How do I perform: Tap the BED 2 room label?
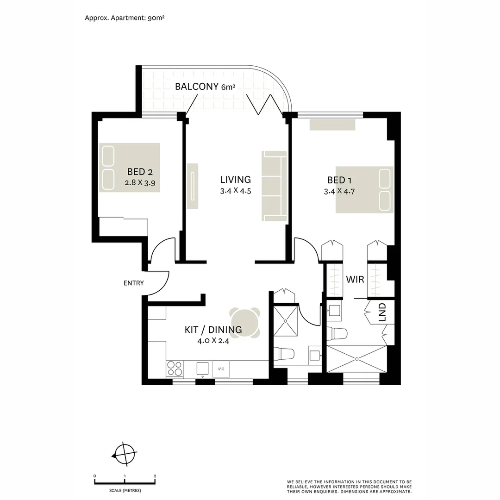[x=140, y=172]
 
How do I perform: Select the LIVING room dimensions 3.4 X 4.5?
[x=235, y=191]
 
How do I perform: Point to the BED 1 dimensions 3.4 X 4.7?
[x=342, y=191]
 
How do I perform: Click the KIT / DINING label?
[x=213, y=330]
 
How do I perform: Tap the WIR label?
[x=355, y=280]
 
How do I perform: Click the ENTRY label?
[x=133, y=283]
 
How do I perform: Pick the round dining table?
[x=245, y=324]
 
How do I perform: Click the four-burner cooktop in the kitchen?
[x=175, y=369]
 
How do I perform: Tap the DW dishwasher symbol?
[x=221, y=369]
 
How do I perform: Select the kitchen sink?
[x=203, y=369]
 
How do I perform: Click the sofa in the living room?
[x=273, y=186]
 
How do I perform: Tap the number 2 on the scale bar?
[x=155, y=476]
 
